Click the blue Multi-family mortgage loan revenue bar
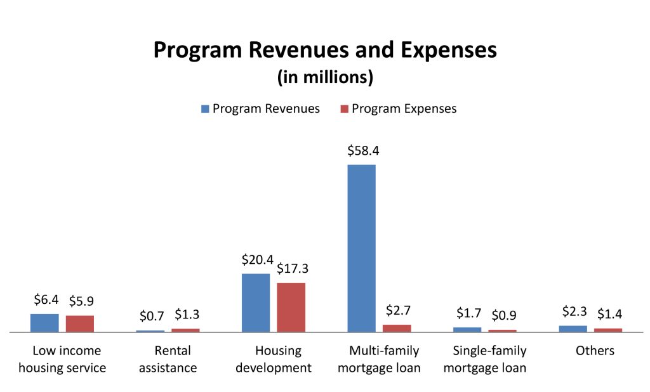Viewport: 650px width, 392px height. pyautogui.click(x=361, y=248)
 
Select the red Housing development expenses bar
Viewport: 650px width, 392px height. pyautogui.click(x=291, y=307)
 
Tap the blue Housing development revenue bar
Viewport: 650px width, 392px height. pyautogui.click(x=256, y=303)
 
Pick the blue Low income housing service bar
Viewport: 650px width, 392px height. pyautogui.click(x=44, y=323)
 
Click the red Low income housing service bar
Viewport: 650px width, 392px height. pyautogui.click(x=80, y=323)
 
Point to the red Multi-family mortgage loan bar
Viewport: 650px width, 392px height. pyautogui.click(x=397, y=328)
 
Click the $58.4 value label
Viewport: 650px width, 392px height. pyautogui.click(x=363, y=151)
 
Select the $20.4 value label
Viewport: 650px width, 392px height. pyautogui.click(x=257, y=260)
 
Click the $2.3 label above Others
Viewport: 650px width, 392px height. pyautogui.click(x=574, y=311)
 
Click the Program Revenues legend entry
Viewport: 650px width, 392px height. pyautogui.click(x=260, y=108)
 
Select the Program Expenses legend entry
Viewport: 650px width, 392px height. pyautogui.click(x=398, y=108)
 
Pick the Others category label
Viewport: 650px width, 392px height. pyautogui.click(x=595, y=350)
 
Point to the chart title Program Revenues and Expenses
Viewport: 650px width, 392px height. pyautogui.click(x=325, y=51)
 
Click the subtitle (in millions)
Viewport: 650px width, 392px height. pyautogui.click(x=325, y=77)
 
